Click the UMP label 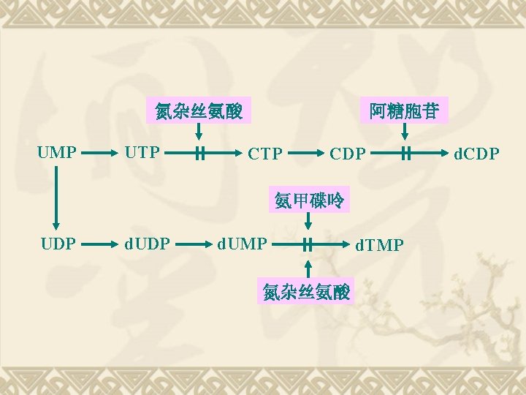57,153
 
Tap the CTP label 265,154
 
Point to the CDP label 347,154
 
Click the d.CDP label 477,154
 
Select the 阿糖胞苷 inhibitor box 404,111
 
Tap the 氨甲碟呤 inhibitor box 309,200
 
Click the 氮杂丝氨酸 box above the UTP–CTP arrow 199,111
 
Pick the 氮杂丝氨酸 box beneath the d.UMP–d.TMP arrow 307,292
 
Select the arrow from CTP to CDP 308,154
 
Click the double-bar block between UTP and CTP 199,154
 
